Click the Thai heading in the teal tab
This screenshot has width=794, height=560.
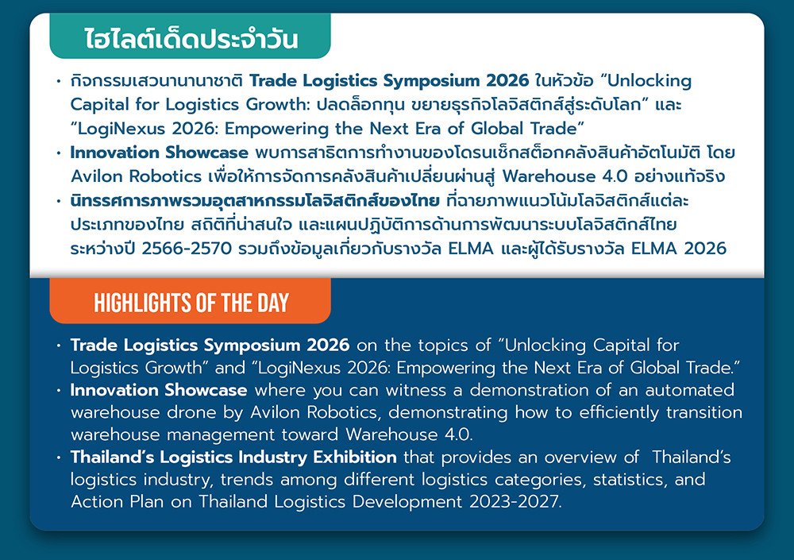191,38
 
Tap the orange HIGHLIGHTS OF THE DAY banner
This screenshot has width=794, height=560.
191,301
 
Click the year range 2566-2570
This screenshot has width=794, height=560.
187,249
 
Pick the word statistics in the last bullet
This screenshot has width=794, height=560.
630,480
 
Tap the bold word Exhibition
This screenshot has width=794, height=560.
355,457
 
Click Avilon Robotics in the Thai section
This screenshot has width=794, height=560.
137,176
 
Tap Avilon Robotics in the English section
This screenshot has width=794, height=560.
314,412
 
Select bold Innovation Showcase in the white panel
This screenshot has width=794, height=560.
160,153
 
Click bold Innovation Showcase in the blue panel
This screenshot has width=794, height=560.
159,390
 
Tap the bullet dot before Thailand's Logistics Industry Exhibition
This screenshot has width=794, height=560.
59,458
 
